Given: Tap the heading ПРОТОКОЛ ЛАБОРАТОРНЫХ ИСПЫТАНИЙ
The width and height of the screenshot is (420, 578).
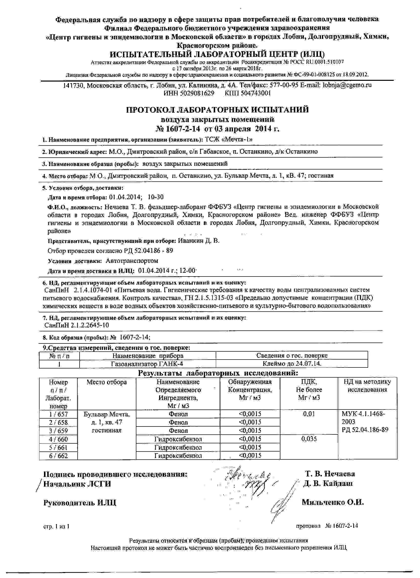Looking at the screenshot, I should click(x=217, y=110).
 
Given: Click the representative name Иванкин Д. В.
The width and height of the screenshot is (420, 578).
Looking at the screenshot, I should click(x=198, y=241).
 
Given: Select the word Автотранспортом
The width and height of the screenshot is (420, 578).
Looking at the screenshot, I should click(x=132, y=261).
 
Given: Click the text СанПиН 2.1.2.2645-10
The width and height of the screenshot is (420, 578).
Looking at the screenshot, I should click(x=76, y=325).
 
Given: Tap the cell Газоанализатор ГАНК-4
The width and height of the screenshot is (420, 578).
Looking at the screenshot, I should click(x=147, y=364).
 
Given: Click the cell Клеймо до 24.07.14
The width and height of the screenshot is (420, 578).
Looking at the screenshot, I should click(x=292, y=364).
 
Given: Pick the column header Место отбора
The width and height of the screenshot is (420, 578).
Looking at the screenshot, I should click(x=106, y=382).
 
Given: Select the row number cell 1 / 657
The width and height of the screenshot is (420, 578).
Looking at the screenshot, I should click(x=58, y=414).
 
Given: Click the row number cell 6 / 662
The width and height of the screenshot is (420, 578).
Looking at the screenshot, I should click(x=58, y=456).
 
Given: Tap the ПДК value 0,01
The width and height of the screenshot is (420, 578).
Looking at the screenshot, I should click(x=309, y=414).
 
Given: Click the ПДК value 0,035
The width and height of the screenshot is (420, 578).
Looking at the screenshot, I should click(x=309, y=439).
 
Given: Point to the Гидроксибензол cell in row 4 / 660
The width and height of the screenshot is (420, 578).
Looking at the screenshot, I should click(x=178, y=439).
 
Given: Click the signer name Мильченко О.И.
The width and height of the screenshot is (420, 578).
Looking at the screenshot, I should click(x=333, y=502).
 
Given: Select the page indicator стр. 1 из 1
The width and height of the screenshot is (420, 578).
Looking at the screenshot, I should click(x=56, y=526).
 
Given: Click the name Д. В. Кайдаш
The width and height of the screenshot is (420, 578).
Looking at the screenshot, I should click(x=328, y=484).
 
